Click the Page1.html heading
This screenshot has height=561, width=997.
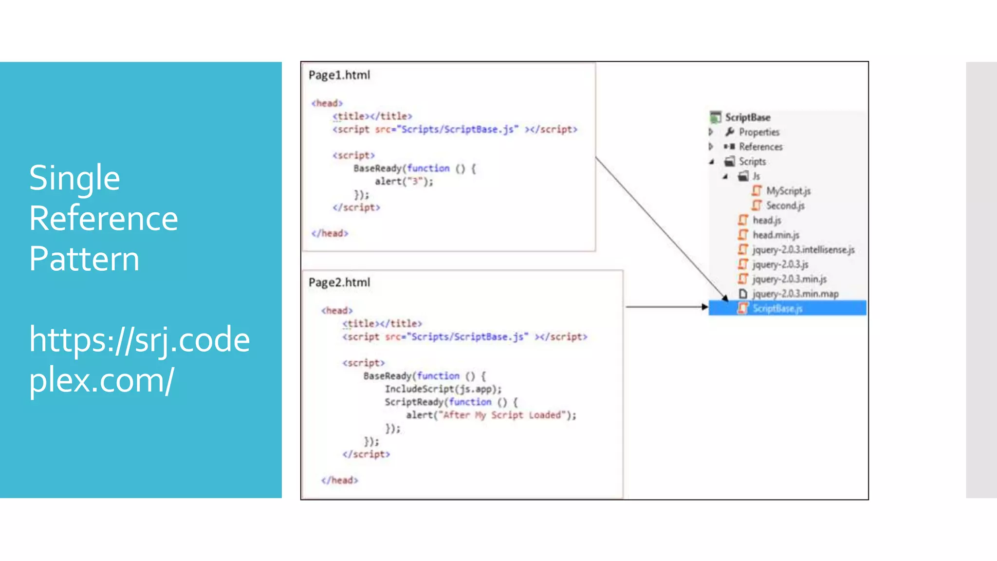click(339, 75)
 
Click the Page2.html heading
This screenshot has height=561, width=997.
click(339, 282)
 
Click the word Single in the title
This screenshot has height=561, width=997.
click(74, 178)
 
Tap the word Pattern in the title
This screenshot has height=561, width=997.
click(84, 259)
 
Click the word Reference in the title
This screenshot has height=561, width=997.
click(103, 219)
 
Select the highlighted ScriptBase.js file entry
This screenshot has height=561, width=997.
click(777, 308)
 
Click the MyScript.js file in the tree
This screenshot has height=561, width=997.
click(788, 191)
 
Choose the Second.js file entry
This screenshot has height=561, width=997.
click(785, 206)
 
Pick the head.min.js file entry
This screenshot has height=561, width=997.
click(775, 235)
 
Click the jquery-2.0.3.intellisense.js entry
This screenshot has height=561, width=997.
click(803, 249)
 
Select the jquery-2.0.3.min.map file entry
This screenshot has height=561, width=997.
click(795, 294)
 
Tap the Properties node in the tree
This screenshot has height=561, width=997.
click(758, 132)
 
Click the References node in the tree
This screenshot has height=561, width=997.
click(760, 147)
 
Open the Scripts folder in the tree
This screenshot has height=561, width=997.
click(752, 161)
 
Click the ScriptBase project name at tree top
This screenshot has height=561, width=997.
click(747, 117)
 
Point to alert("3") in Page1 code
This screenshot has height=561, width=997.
click(404, 182)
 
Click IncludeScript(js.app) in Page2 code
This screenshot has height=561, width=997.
click(443, 389)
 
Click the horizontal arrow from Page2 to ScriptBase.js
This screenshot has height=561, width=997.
click(665, 307)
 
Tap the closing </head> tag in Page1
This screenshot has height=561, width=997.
click(330, 233)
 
